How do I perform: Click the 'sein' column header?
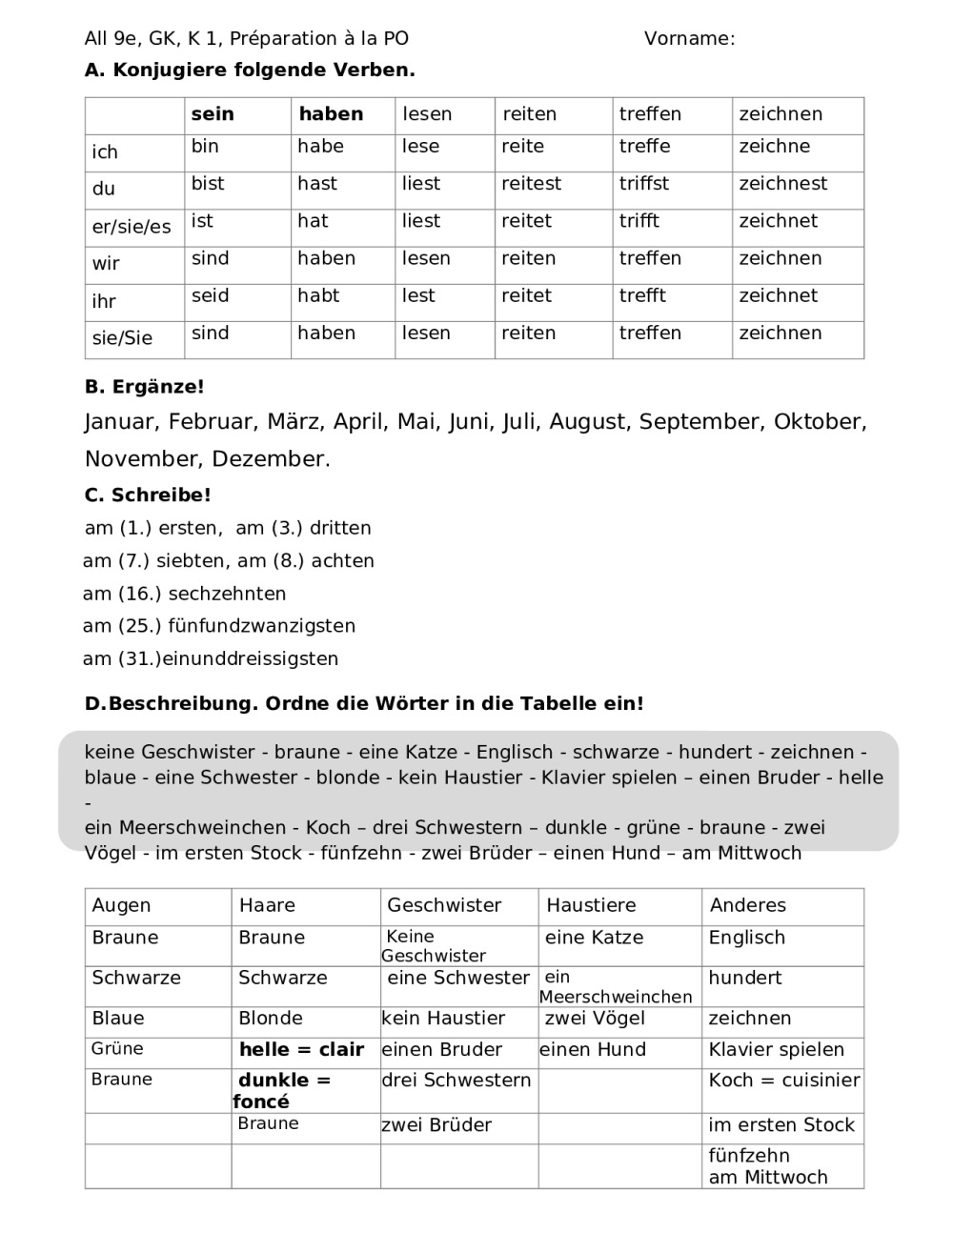coord(213,114)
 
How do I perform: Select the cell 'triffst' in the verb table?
coord(644,184)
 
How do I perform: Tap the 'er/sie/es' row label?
coord(132,227)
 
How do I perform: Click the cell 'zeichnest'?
coord(783,184)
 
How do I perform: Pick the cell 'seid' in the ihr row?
coord(211,296)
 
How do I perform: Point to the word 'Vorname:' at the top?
coord(689,39)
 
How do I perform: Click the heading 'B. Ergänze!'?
coord(145,387)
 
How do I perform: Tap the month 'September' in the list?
coord(700,421)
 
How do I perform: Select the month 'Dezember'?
coord(269,459)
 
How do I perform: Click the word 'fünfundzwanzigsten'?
coord(262,626)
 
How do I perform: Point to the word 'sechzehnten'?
coord(227,594)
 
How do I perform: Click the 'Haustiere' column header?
coord(591,905)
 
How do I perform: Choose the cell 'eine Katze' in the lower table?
coord(594,938)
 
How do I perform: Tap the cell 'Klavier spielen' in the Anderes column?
coord(777,1050)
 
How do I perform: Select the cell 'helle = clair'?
coord(301,1050)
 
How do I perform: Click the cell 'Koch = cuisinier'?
coord(784,1081)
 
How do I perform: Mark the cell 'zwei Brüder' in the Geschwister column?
coord(436,1125)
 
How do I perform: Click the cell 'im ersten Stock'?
coord(781,1125)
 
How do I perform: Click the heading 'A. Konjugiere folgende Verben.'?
coord(250,71)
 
